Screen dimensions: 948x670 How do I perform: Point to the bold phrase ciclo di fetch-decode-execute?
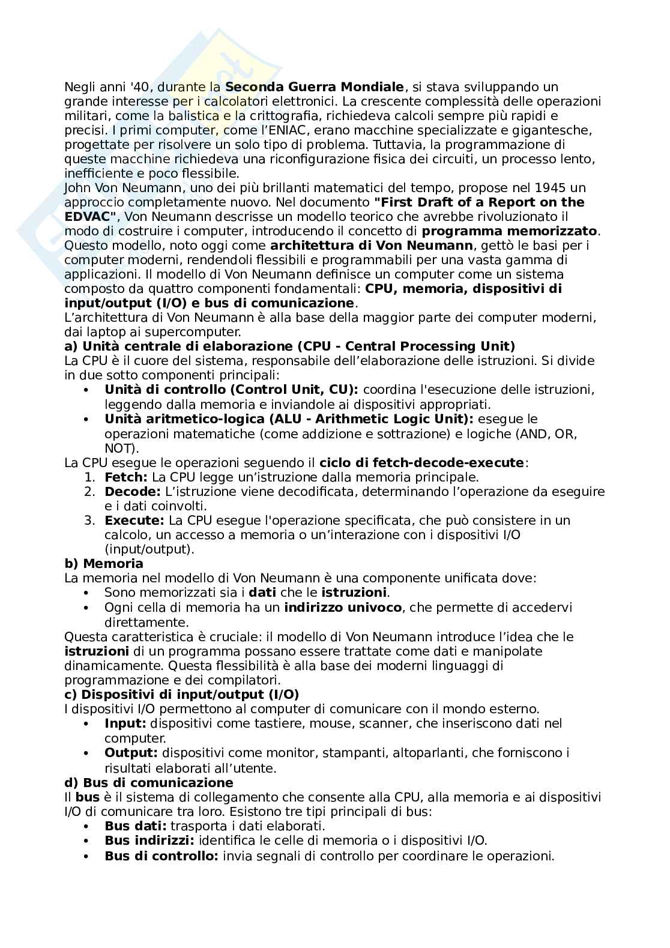(x=422, y=462)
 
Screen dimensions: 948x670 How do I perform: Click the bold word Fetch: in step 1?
(x=126, y=477)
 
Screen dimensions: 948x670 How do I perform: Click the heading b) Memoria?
(x=104, y=564)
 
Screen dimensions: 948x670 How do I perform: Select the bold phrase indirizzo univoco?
(x=343, y=607)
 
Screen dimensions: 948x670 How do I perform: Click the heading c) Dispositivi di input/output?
(x=181, y=695)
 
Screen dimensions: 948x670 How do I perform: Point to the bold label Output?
(x=131, y=752)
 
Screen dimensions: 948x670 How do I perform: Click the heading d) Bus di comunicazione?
(x=149, y=782)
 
